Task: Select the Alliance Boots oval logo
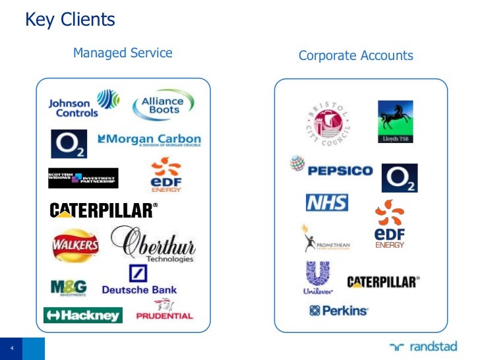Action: tap(164, 105)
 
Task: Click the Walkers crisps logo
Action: tap(75, 247)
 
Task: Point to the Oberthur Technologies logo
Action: tap(153, 244)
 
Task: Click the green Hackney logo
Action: tap(83, 315)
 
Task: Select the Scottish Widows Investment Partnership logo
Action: tap(83, 178)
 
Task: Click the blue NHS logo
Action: tap(326, 202)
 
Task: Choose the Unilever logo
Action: tap(317, 278)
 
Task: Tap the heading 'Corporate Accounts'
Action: tap(355, 55)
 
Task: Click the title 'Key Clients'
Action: tap(70, 20)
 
